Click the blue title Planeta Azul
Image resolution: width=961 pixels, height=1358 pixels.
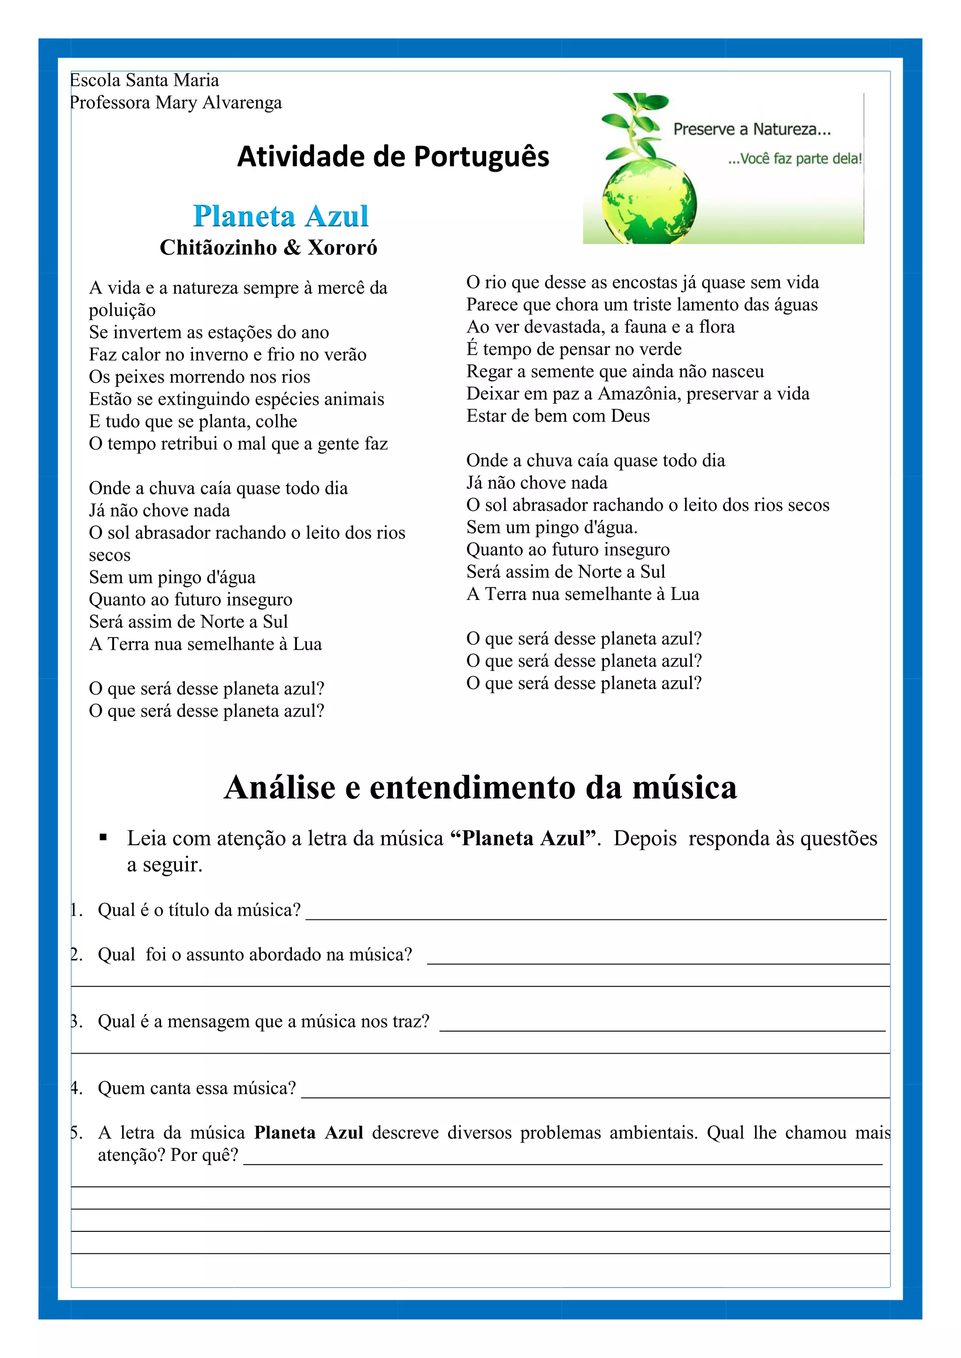281,216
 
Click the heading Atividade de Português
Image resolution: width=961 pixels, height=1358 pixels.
393,157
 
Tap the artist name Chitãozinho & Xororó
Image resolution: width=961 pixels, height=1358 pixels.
268,247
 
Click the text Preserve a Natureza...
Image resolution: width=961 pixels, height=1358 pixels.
752,129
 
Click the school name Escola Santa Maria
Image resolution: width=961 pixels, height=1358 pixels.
145,80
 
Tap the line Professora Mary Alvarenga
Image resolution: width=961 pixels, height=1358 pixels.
176,102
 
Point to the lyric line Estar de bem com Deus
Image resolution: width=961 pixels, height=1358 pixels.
557,416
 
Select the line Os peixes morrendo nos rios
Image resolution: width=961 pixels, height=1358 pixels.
199,377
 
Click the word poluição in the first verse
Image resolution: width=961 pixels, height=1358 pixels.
122,310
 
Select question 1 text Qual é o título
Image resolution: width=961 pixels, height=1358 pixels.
199,910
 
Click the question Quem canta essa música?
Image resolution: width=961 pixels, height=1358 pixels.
197,1088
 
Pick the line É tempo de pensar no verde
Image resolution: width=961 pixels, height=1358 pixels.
573,349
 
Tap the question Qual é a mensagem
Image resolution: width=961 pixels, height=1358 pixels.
263,1021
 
